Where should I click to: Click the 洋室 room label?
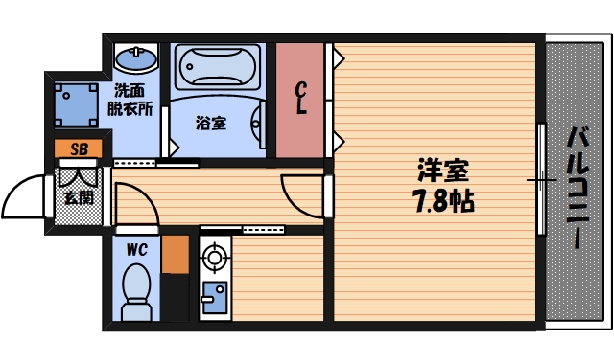[x=442, y=172]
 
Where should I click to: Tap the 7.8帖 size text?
[x=442, y=202]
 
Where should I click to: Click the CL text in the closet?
[x=301, y=99]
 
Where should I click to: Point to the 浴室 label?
[x=211, y=124]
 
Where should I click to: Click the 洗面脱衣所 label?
[x=134, y=100]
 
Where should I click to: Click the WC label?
[x=136, y=251]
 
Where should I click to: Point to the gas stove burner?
[x=213, y=257]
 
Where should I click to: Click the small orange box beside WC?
[x=175, y=254]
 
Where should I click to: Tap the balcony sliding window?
[x=542, y=180]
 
